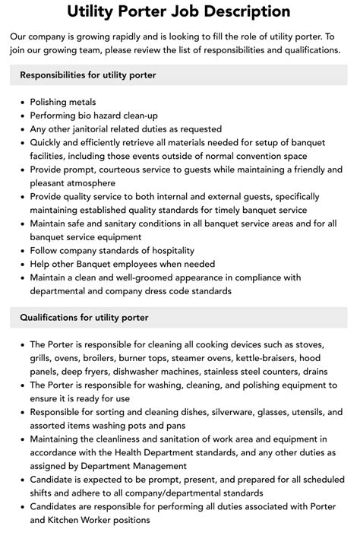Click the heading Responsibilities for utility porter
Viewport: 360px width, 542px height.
(87, 74)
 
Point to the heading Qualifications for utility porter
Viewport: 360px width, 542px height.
(84, 317)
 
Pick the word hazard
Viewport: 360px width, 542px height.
(107, 116)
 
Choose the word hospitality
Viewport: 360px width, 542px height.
(165, 250)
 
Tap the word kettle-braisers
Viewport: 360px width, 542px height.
(258, 357)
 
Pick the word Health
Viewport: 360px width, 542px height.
(148, 452)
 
